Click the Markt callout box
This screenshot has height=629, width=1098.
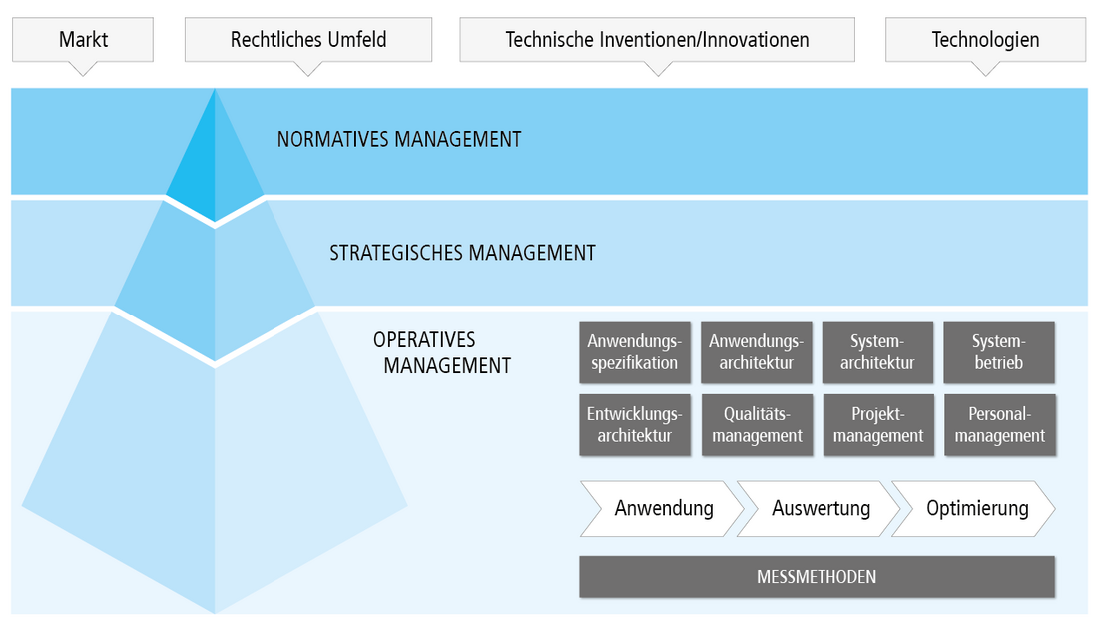point(83,40)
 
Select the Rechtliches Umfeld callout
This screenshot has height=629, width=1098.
point(308,40)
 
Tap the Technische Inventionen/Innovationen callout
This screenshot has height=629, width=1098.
point(657,40)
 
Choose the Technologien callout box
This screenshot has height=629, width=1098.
point(985,40)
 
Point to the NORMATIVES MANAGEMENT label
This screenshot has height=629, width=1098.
point(399,140)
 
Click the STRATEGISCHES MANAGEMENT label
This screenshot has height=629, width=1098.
point(462,253)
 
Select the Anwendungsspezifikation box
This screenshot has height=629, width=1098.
point(634,352)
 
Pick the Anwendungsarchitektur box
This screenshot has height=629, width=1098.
point(757,352)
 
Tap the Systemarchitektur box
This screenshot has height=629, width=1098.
point(877,352)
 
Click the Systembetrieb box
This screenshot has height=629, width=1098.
point(999,352)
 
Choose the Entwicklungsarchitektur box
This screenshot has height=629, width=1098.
point(634,425)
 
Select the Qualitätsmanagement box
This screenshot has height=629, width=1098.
point(757,425)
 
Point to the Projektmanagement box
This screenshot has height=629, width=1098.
point(878,425)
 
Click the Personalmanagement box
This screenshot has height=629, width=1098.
point(999,425)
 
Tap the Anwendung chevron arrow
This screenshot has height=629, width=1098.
point(663,509)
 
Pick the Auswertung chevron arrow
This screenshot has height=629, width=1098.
point(820,509)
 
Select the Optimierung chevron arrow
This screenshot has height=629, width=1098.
point(976,509)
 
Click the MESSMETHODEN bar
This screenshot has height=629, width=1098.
point(817,577)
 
